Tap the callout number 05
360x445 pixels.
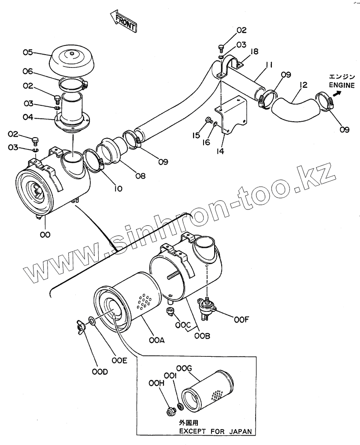(x=28, y=52)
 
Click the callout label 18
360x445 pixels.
(x=254, y=52)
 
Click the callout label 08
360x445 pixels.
(x=141, y=176)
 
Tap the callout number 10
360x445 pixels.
(x=117, y=189)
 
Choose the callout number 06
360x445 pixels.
(x=28, y=71)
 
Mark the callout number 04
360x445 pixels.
(x=28, y=117)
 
